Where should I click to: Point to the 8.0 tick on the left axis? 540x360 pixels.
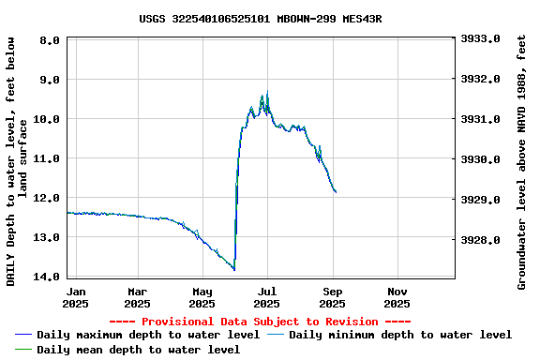51,40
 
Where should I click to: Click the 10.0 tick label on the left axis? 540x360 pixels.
51,119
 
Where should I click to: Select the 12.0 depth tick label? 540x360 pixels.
51,198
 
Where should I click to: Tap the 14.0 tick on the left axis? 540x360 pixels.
51,277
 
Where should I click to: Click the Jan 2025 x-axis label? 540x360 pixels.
77,297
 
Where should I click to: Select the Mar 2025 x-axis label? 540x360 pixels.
137,297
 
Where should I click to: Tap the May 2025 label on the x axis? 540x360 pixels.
202,297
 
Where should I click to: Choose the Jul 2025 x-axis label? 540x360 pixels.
266,297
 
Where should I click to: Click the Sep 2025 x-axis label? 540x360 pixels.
332,297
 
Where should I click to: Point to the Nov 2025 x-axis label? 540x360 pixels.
397,297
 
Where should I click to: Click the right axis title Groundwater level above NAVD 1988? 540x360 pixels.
521,161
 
